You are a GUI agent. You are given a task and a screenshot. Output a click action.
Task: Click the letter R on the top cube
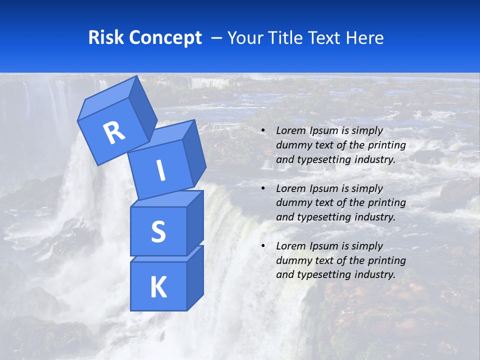114,133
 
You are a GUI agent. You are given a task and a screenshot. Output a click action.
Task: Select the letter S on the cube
158,232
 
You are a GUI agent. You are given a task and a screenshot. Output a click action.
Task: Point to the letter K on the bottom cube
158,287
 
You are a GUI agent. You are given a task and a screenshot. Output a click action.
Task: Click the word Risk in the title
105,37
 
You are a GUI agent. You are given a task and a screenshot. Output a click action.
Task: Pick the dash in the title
217,38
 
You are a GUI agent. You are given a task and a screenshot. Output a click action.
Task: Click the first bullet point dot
262,131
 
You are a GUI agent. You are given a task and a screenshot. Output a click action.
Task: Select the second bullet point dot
262,188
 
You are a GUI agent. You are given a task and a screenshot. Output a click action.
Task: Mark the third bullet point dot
262,246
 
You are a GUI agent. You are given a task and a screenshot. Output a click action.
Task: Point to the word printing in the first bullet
386,145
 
